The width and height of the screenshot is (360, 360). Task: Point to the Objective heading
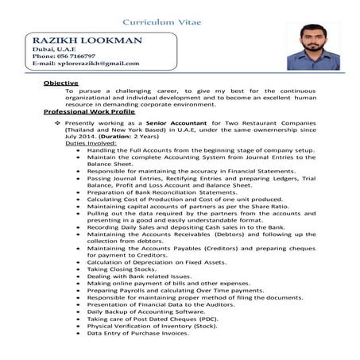[x=60, y=83]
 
